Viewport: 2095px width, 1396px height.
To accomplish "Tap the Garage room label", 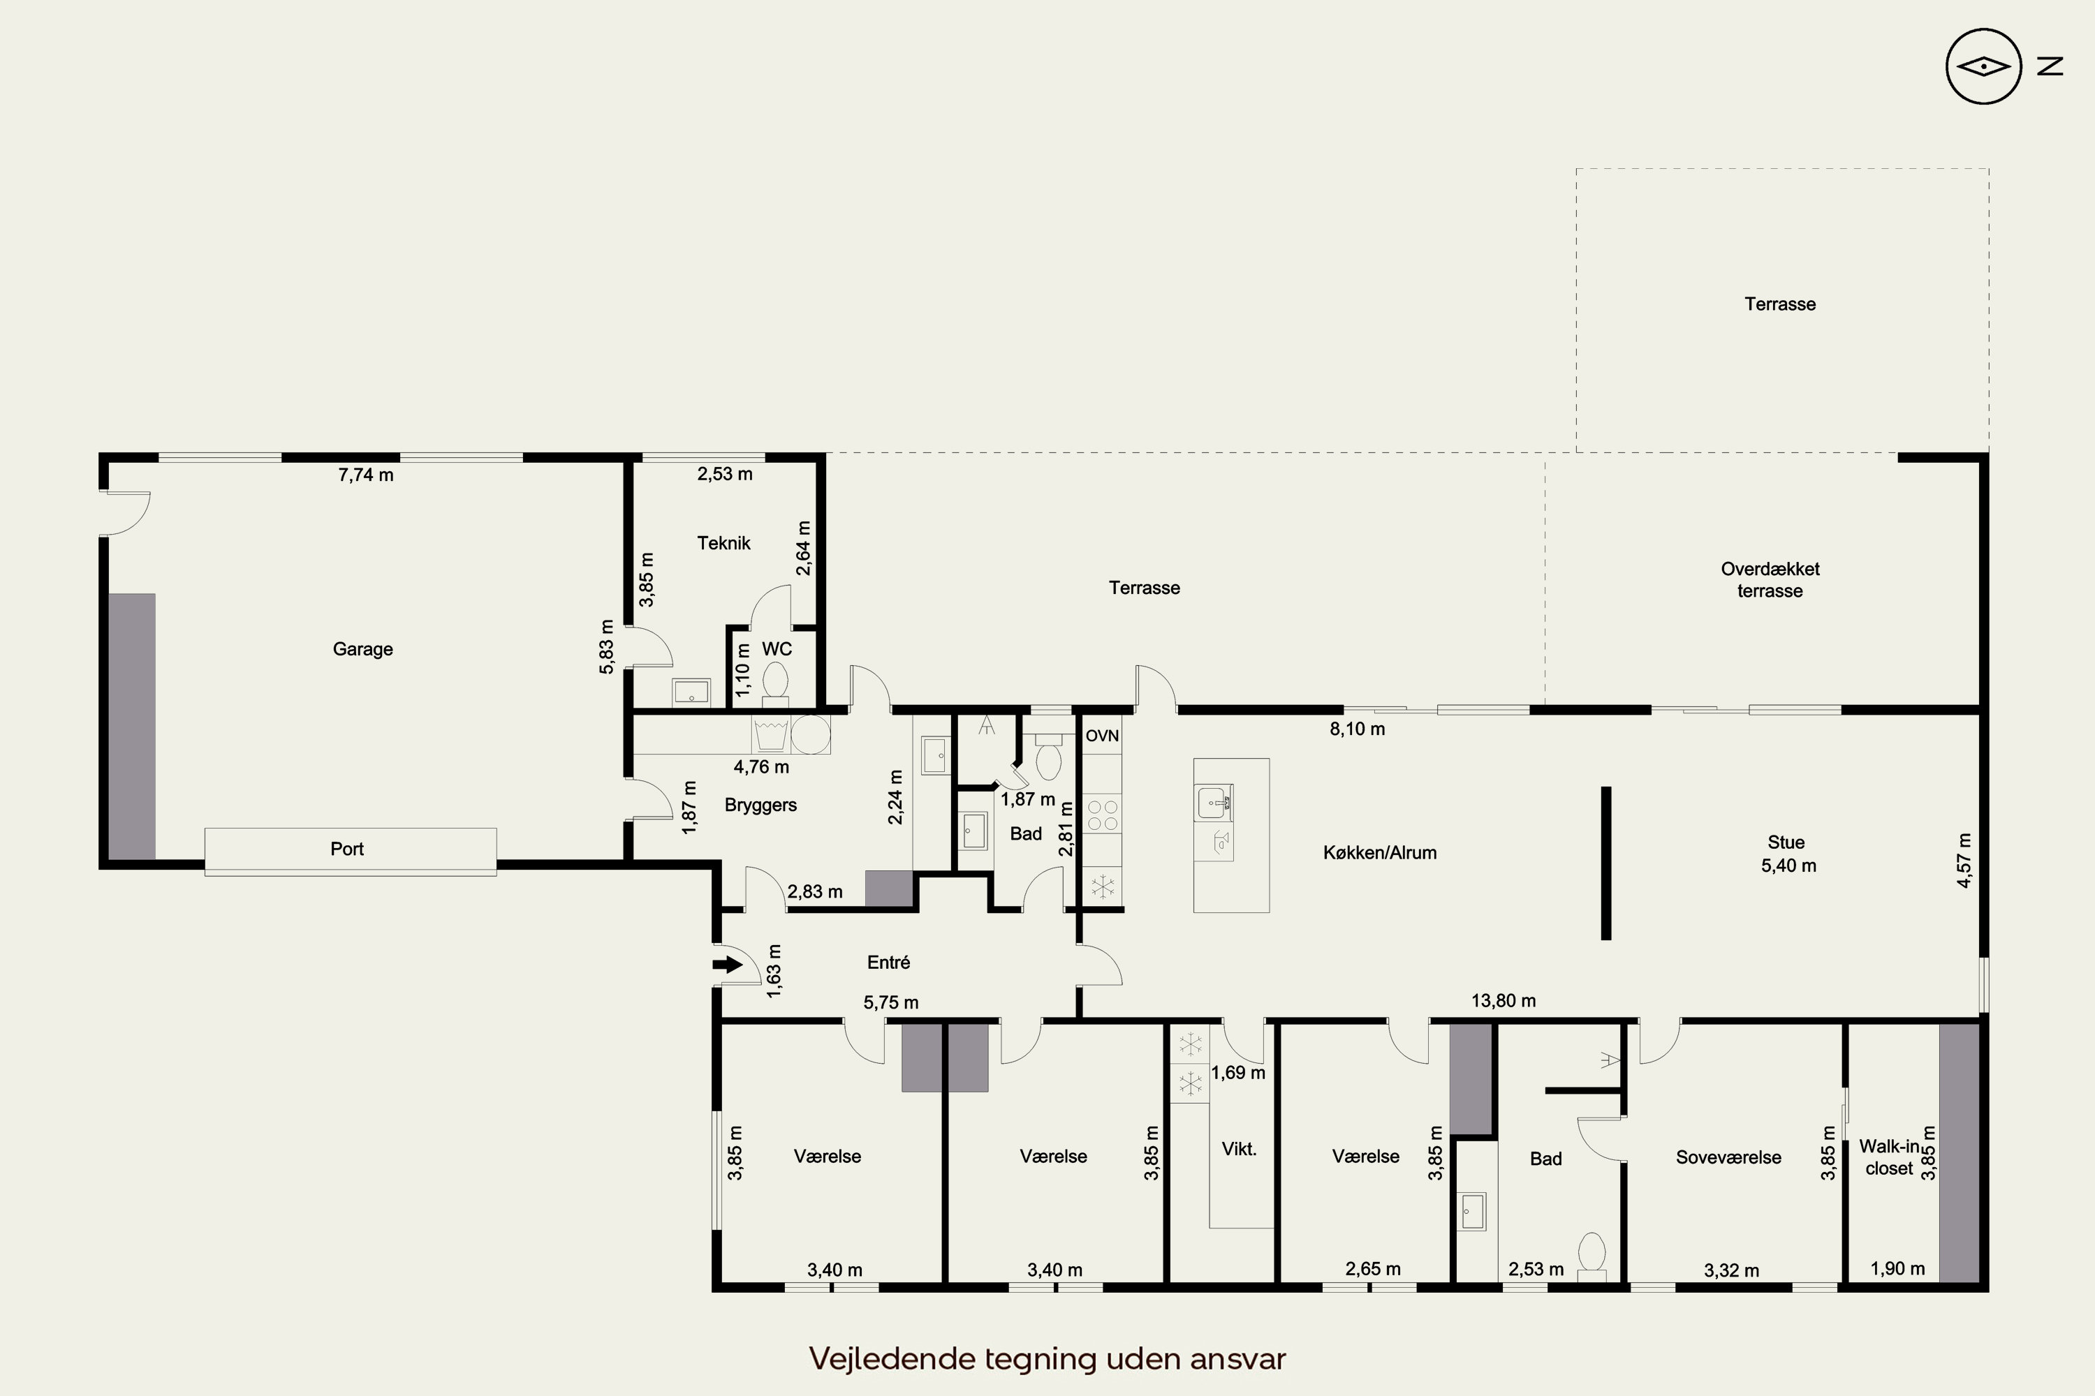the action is (362, 649).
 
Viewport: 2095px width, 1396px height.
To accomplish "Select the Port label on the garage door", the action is (347, 849).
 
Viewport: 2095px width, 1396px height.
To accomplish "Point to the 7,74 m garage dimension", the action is (366, 475).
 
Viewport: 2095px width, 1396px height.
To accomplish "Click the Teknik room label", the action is (723, 543).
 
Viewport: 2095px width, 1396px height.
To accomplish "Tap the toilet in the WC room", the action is (776, 683).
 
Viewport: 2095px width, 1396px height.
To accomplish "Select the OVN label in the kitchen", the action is (1102, 736).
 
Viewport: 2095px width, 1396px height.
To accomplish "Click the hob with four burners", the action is (1103, 815).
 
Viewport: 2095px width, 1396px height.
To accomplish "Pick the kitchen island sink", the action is (1213, 803).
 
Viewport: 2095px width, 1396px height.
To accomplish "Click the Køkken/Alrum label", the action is (1380, 853).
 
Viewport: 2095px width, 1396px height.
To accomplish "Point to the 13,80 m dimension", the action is (1504, 1001).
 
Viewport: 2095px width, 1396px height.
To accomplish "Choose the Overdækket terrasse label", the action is (1770, 579).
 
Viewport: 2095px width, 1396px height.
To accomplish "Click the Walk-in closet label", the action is (1889, 1157).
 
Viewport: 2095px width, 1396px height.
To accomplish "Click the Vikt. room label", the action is (1239, 1150).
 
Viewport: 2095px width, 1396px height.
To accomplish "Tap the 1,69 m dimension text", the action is (1238, 1073).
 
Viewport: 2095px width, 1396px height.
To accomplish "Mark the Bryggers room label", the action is (760, 805).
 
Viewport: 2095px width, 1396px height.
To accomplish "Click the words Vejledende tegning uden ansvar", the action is (1047, 1358).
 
